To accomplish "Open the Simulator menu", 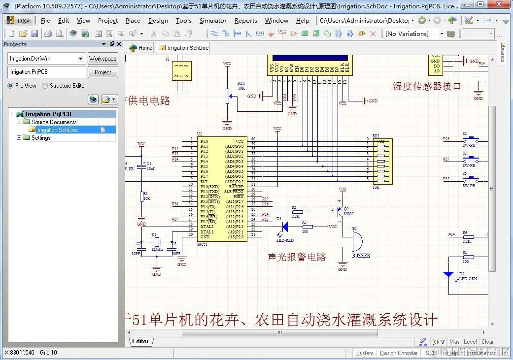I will (213, 21).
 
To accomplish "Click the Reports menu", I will (245, 21).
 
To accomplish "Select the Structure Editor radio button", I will (45, 86).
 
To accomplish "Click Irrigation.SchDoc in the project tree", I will (58, 130).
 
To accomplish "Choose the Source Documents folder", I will (54, 122).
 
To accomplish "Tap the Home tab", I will (141, 48).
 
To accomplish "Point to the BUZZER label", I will (361, 256).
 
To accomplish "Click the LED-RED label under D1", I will (285, 240).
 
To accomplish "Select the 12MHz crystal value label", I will (157, 249).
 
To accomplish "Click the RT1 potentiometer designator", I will (241, 83).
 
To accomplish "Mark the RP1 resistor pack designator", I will (376, 135).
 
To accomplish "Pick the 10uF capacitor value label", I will (151, 168).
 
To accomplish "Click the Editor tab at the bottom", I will (140, 341).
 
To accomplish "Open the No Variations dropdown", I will (442, 34).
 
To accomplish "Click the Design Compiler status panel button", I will (399, 353).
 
